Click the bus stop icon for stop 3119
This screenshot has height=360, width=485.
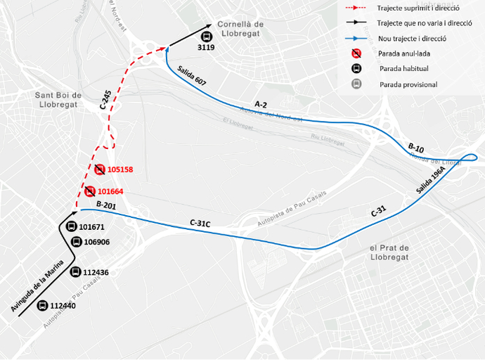206,37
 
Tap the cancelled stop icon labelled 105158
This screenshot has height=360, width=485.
100,169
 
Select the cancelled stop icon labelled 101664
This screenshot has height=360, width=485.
90,191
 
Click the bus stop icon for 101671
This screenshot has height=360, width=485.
71,226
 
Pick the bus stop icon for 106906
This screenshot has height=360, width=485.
76,242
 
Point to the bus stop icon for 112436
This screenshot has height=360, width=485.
75,272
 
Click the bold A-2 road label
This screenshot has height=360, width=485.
260,104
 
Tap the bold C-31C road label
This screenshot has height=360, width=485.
200,223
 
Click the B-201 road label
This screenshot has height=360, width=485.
105,205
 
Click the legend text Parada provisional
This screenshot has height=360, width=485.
408,84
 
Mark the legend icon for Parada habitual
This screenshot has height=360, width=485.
357,69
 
